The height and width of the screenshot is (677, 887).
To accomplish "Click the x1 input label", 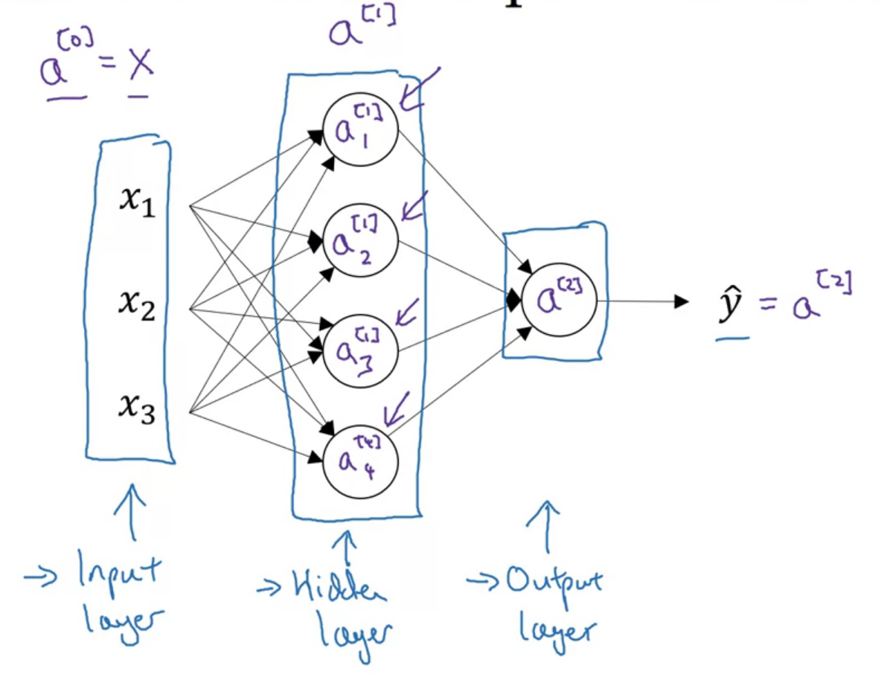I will (x=137, y=202).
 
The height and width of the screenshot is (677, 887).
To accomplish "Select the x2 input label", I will (x=137, y=305).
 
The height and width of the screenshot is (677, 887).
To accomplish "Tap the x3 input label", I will (x=137, y=408).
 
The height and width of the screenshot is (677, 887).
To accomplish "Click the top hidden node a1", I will (x=361, y=132).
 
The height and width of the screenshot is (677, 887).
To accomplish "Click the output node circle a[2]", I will (x=558, y=301).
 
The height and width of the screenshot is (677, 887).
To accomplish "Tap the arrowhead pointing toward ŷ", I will (x=679, y=301).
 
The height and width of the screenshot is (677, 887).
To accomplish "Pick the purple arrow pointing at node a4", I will (x=397, y=410).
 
